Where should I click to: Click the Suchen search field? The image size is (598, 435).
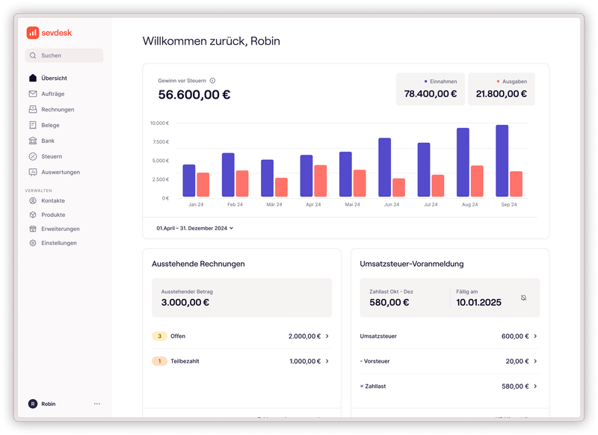tap(64, 55)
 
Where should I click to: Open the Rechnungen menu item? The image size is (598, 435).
tap(58, 109)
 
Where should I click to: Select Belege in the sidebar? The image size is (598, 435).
tap(50, 125)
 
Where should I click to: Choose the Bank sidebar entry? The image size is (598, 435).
tap(48, 141)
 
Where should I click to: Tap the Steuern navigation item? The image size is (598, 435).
tap(52, 156)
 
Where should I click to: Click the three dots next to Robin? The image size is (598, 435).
tap(97, 404)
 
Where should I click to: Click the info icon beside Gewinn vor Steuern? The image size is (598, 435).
tap(213, 81)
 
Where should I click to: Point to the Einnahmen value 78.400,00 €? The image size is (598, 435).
tap(430, 94)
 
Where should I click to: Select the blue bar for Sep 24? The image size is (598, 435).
tap(502, 161)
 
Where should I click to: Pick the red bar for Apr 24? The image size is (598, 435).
tap(320, 181)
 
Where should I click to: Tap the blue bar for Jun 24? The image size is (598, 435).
tap(384, 167)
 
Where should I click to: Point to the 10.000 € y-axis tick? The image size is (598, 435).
tap(158, 123)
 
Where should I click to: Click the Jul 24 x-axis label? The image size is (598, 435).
tap(431, 204)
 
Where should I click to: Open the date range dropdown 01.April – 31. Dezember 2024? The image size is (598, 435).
tap(195, 228)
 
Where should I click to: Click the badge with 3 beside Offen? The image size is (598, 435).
tap(158, 336)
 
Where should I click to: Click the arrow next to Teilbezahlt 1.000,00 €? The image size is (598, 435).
tap(327, 361)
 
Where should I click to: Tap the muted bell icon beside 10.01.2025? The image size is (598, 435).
tap(523, 297)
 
